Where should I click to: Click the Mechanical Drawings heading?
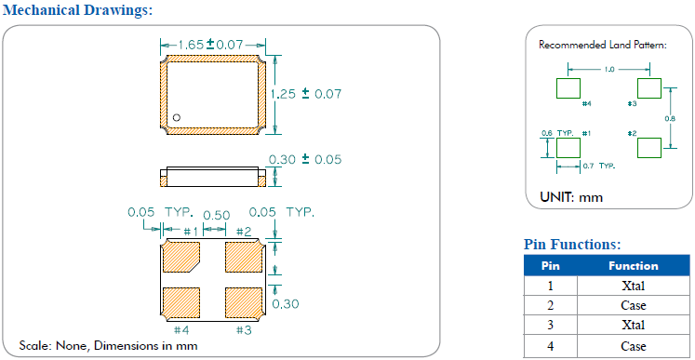77,10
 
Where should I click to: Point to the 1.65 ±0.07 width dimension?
211,45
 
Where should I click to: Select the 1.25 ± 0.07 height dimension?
306,94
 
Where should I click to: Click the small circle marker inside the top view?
177,117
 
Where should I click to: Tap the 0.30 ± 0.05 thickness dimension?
306,159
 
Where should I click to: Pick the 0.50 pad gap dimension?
216,216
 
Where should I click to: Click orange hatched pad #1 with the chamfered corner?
181,257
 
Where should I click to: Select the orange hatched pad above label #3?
244,303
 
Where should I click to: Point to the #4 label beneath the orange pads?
181,330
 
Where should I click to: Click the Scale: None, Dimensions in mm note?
108,345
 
